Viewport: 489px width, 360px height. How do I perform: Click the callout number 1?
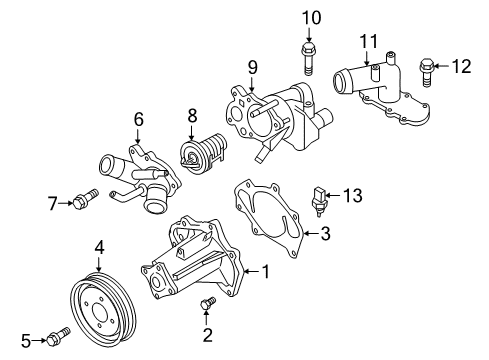(266, 270)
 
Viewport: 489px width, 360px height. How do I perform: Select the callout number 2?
(208, 335)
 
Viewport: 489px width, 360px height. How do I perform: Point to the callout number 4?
(100, 246)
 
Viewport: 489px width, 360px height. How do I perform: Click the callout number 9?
(252, 68)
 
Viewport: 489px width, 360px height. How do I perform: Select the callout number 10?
(311, 17)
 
